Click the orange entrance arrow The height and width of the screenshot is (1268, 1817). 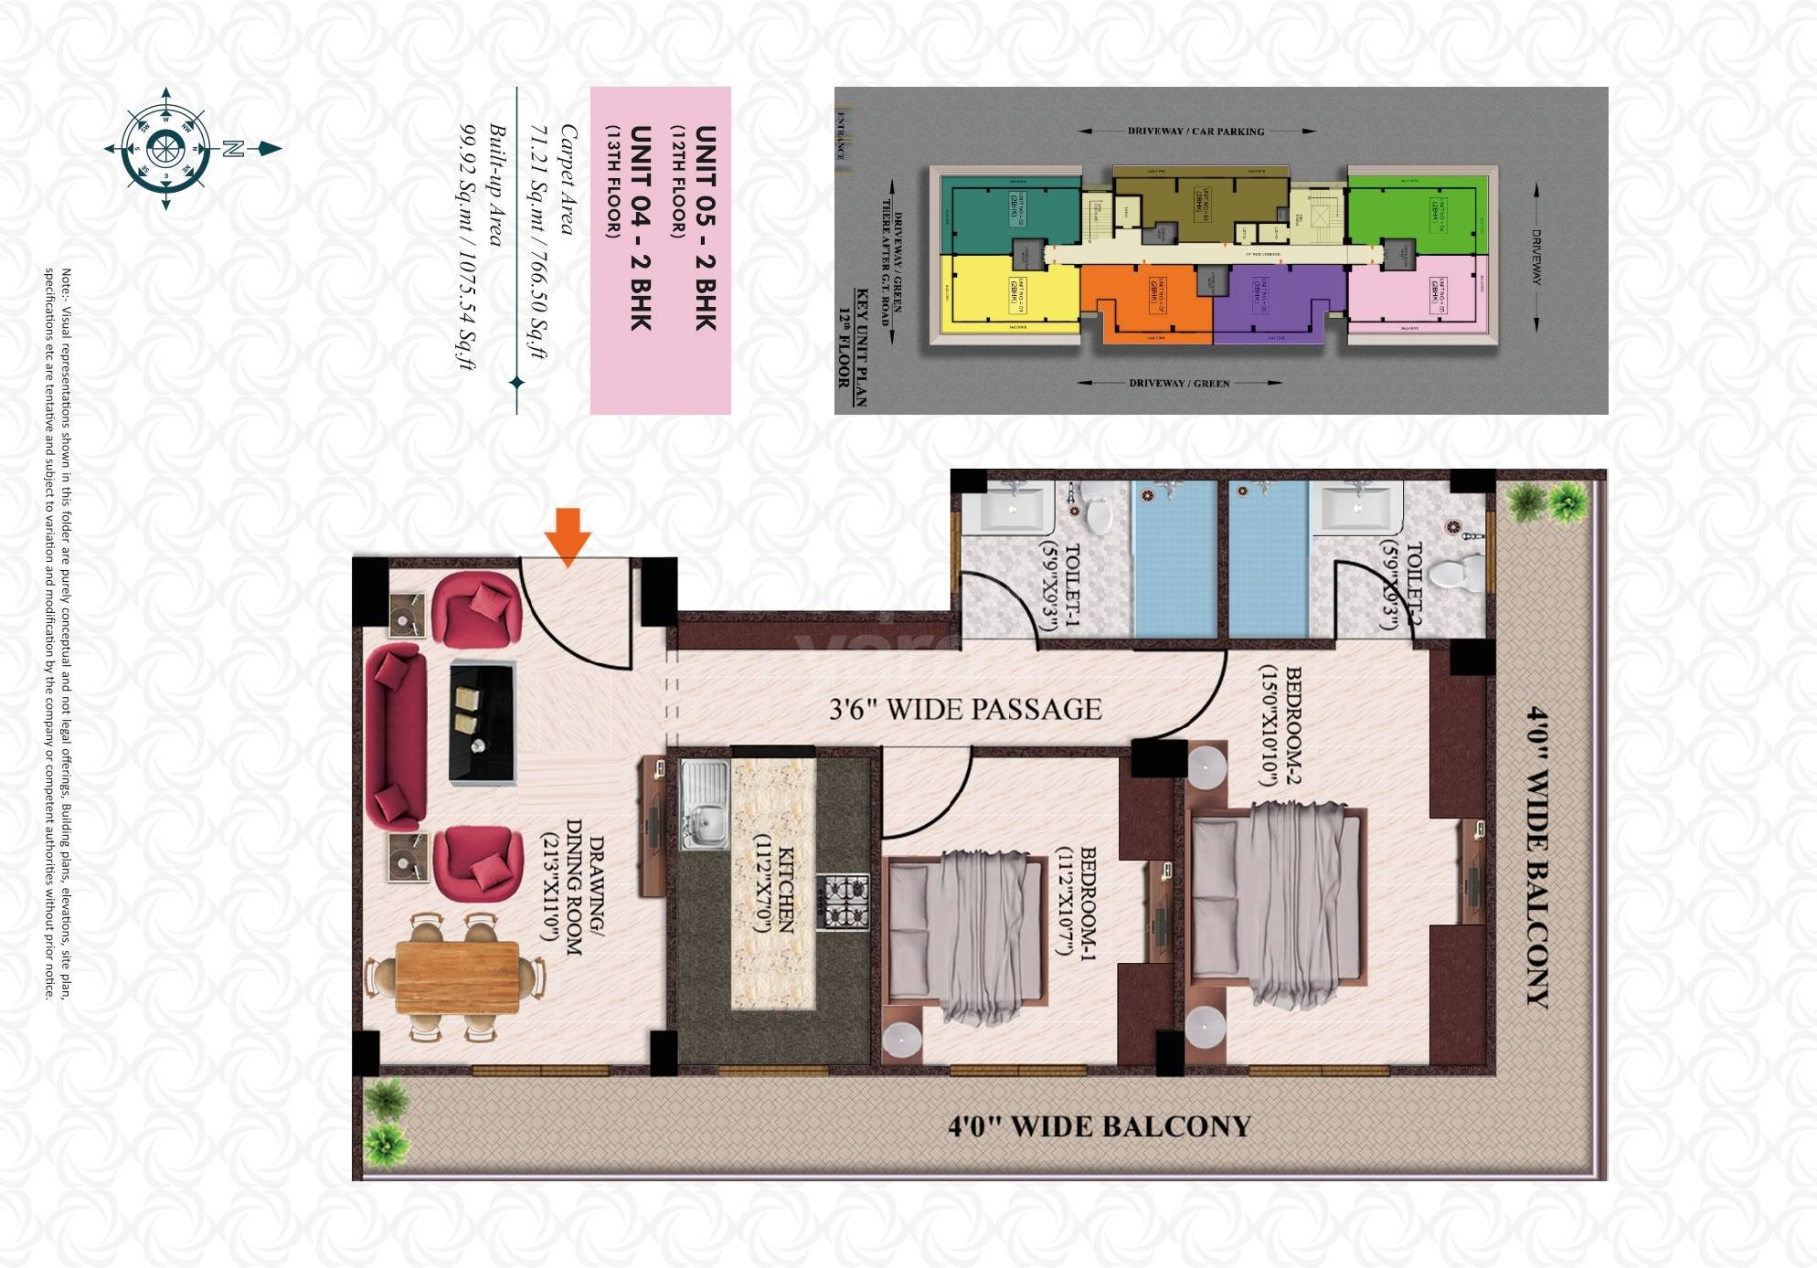pos(568,537)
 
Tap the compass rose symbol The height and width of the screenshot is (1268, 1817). pos(166,148)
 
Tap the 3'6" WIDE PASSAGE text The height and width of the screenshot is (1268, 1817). pos(965,710)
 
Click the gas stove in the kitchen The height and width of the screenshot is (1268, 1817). pos(842,903)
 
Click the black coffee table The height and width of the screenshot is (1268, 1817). pos(482,722)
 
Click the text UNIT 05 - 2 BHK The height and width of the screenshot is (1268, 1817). pos(705,227)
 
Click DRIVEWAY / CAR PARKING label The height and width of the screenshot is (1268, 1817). pos(1195,132)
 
